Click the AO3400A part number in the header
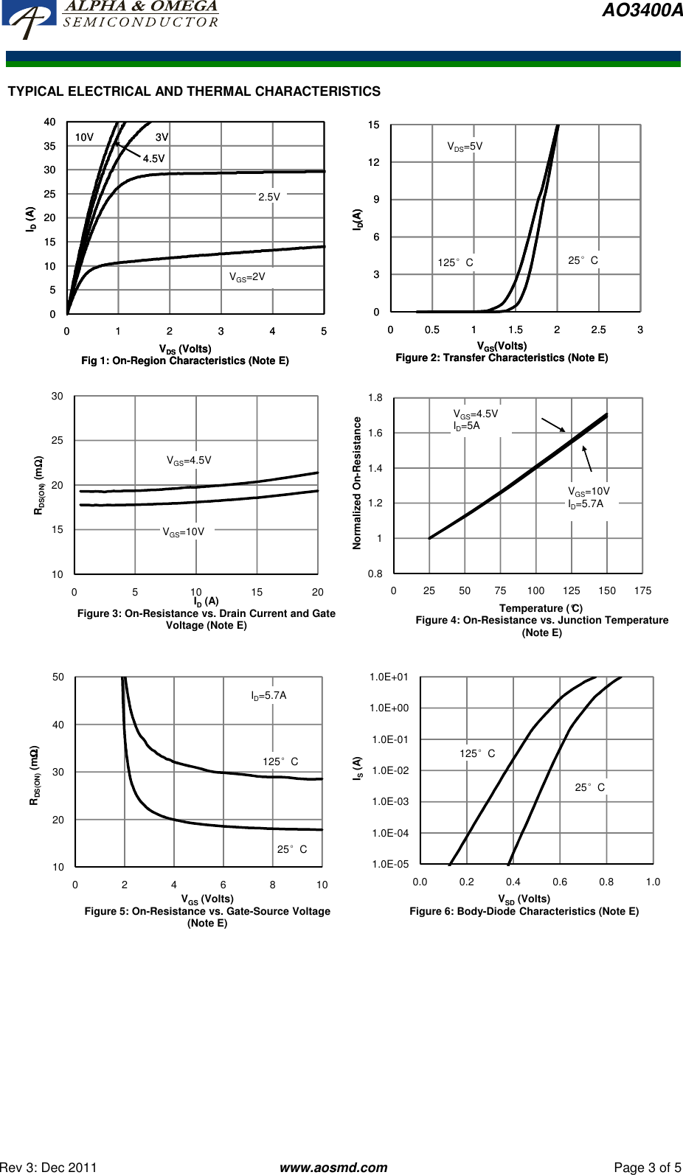click(642, 10)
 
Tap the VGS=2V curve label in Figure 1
click(247, 277)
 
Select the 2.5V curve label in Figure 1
click(269, 197)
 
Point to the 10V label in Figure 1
click(84, 137)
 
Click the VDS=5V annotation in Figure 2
click(465, 147)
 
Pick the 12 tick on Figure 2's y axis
click(374, 162)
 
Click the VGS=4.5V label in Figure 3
click(189, 461)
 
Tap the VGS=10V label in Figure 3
click(184, 532)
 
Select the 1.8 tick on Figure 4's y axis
click(375, 398)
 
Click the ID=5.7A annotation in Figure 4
click(586, 504)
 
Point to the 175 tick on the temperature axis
click(642, 590)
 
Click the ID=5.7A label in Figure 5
click(268, 696)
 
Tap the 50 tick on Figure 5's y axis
click(58, 677)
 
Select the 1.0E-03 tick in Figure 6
click(390, 802)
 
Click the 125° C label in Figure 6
click(477, 753)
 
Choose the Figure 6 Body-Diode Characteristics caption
click(524, 912)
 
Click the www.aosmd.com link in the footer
click(333, 1167)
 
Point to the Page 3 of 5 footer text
click(647, 1167)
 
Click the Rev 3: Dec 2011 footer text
click(49, 1167)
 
